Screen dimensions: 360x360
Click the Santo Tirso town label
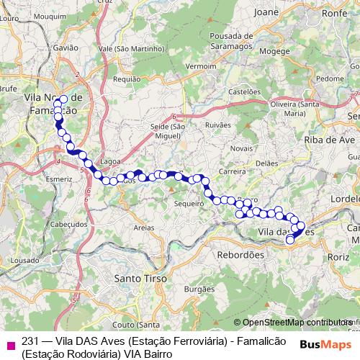141,277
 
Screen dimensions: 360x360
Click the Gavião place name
66,47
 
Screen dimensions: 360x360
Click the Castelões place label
243,91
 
